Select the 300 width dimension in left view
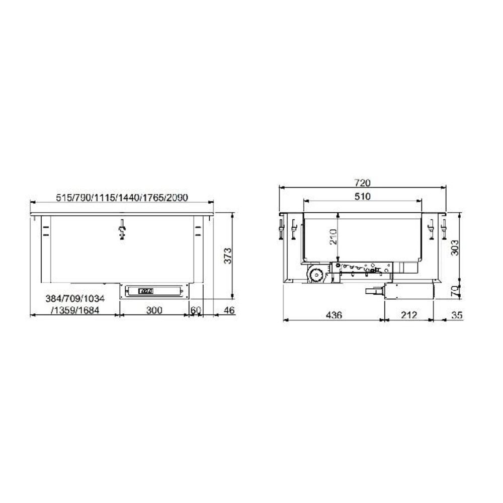154,310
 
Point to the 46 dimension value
229,310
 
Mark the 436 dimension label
334,315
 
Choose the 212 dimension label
409,315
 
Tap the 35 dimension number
457,315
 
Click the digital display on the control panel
145,290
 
